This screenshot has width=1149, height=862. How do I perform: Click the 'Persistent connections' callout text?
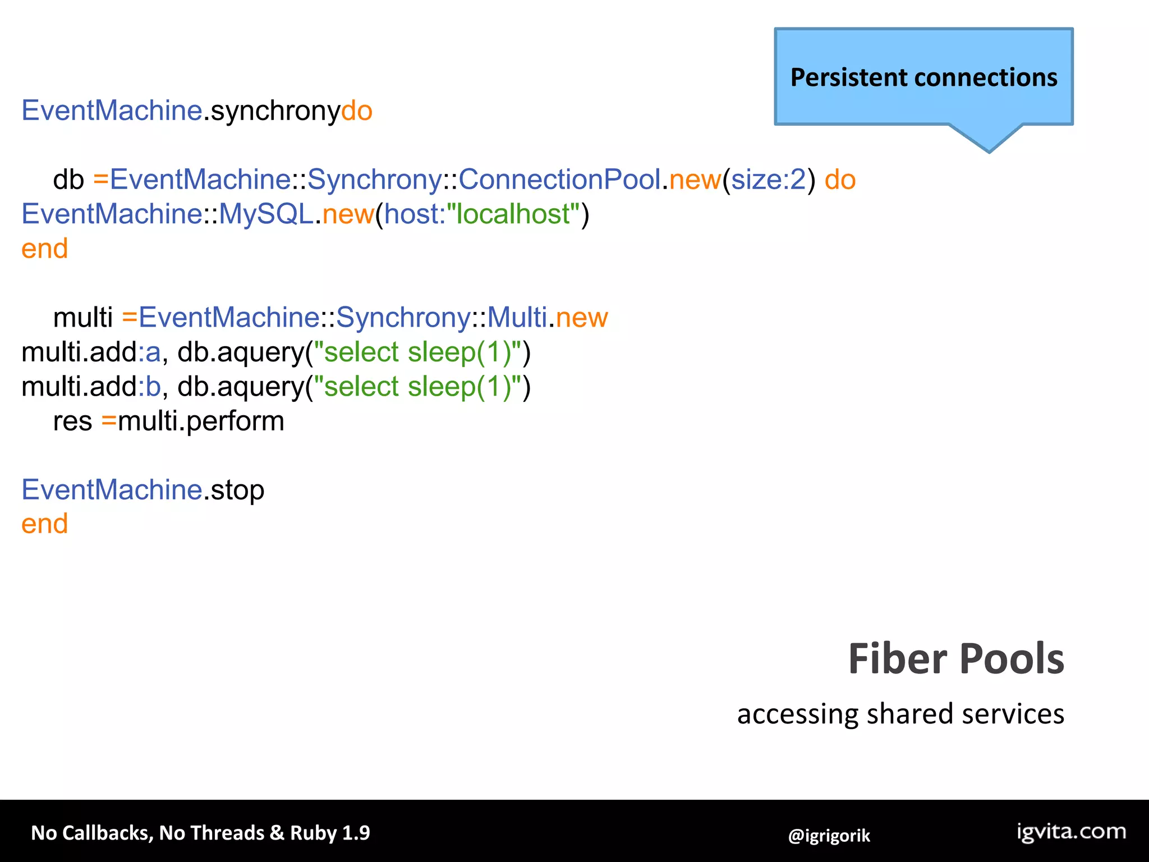[x=923, y=77]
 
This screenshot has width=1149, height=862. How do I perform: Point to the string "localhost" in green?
[x=513, y=214]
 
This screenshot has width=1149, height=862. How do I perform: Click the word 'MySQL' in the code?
[x=266, y=214]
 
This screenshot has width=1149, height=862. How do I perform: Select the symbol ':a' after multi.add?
[x=149, y=352]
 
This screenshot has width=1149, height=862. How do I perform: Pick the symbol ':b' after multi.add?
[x=149, y=387]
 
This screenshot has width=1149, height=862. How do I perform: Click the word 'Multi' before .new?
[x=517, y=318]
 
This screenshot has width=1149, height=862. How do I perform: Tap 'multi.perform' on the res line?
[x=201, y=421]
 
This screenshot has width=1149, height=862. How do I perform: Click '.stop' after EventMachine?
[x=233, y=490]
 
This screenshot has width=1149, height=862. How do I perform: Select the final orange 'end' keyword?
[x=44, y=524]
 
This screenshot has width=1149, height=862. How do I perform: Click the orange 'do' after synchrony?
[x=357, y=111]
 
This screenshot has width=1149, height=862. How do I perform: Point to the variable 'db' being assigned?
[x=68, y=180]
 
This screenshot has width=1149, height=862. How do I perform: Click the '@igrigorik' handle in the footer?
[x=829, y=836]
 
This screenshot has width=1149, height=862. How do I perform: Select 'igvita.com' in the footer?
[x=1071, y=831]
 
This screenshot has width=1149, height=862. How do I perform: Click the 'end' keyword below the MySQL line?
[x=44, y=249]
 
